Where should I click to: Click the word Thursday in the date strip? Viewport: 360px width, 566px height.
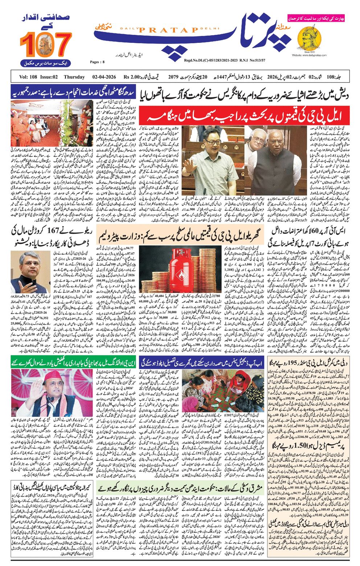point(74,77)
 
